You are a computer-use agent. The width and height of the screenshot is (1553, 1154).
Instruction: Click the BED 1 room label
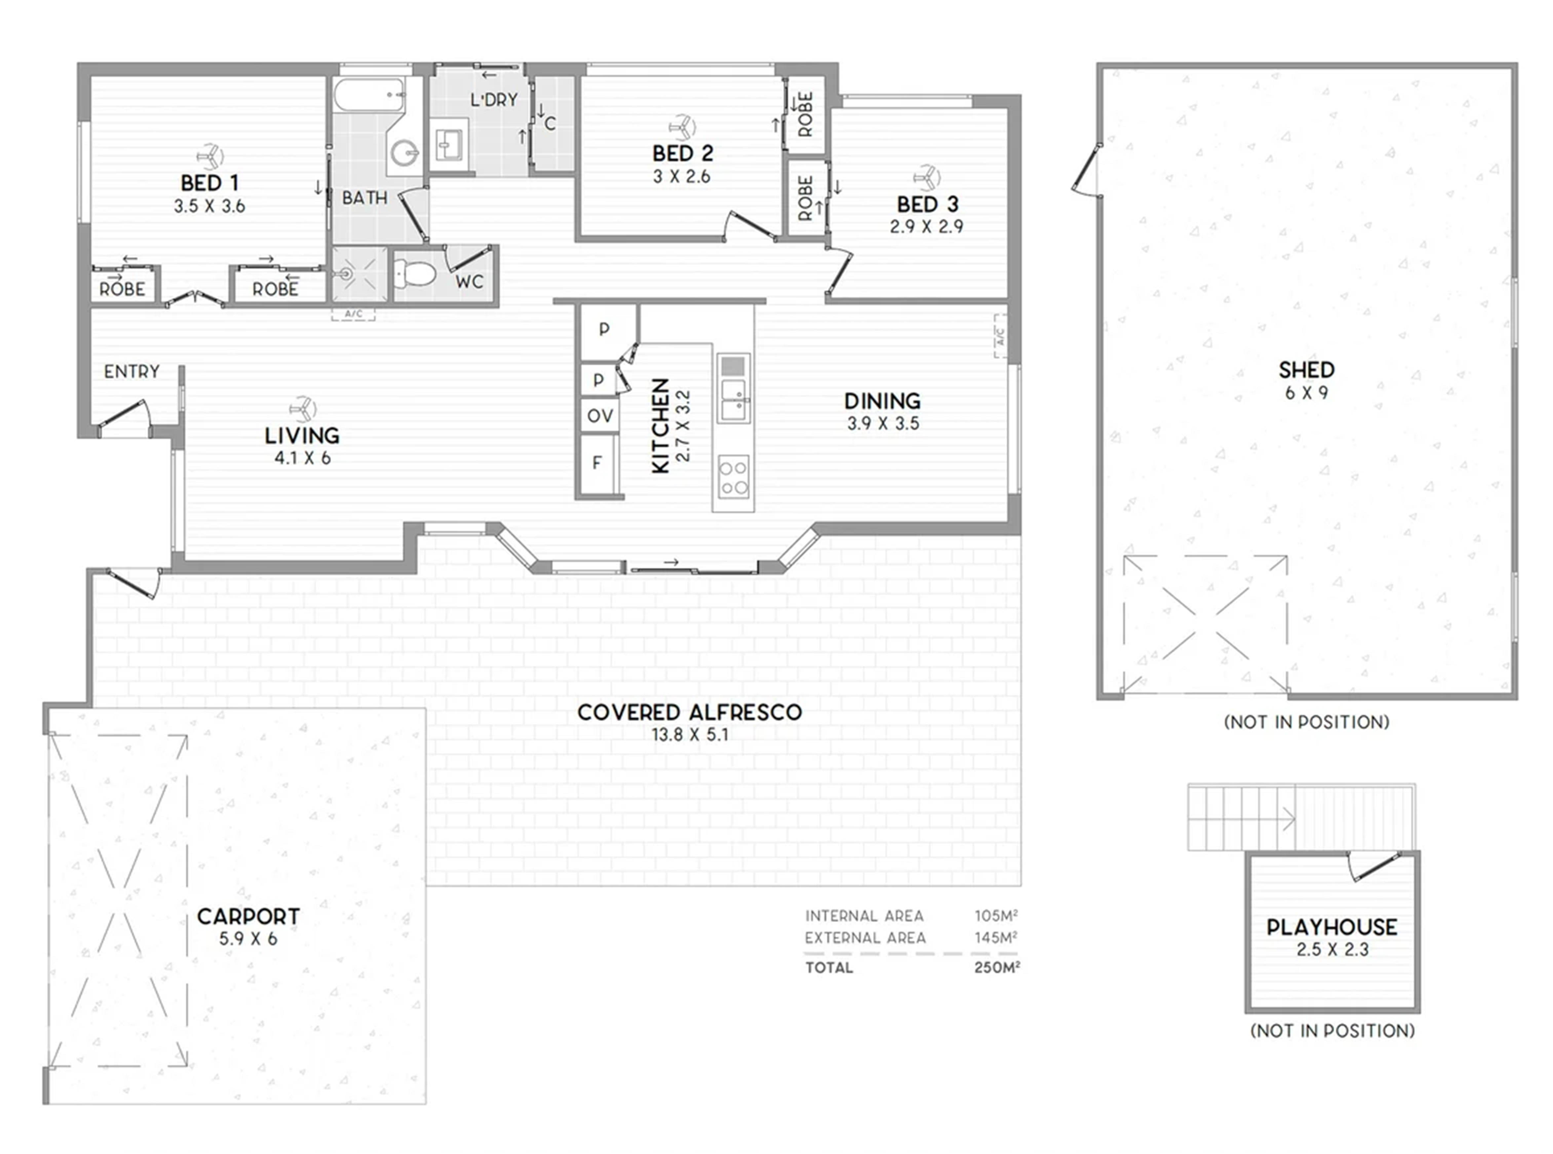click(x=209, y=183)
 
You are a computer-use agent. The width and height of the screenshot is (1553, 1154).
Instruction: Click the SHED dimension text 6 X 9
click(x=1306, y=393)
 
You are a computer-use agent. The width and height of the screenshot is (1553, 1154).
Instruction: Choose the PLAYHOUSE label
click(x=1332, y=927)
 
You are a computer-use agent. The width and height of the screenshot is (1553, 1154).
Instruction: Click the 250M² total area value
click(x=997, y=968)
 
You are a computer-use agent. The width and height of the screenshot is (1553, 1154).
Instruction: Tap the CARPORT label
click(x=248, y=916)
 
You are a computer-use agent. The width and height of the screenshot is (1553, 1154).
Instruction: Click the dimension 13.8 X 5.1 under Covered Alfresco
click(x=690, y=735)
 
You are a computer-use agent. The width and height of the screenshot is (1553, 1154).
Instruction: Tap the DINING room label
click(x=883, y=401)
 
